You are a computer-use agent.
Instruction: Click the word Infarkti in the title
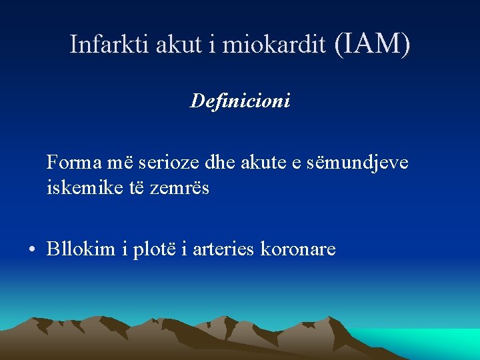(110, 45)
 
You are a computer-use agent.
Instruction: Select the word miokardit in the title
(273, 45)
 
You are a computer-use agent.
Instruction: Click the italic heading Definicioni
(240, 101)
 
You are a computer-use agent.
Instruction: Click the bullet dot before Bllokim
(31, 250)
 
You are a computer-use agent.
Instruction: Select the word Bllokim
(81, 249)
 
